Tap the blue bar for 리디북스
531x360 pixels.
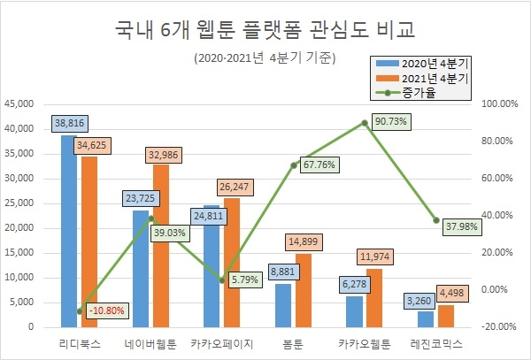click(x=68, y=230)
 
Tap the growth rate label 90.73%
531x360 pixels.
click(x=390, y=121)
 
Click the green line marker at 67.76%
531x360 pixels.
click(x=293, y=165)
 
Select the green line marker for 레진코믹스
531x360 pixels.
click(x=435, y=220)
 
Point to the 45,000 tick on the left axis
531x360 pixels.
click(x=20, y=103)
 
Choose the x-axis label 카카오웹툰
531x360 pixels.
click(x=364, y=342)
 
